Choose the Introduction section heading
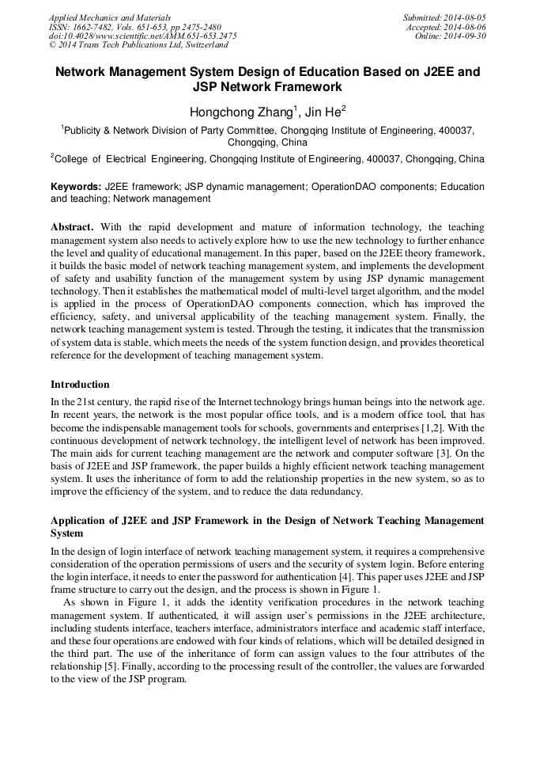tap(80, 385)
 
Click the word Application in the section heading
tap(81, 520)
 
